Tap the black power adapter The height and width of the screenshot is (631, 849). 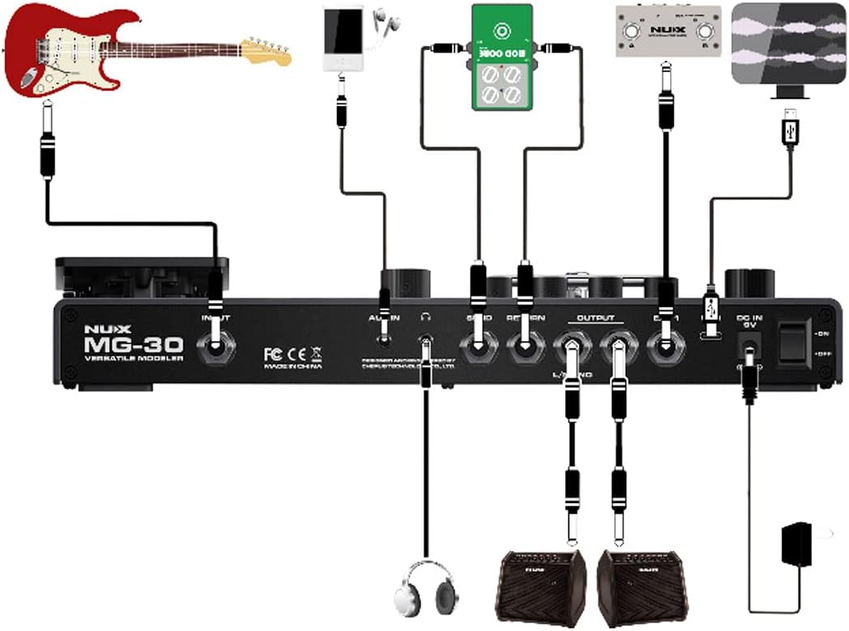(798, 545)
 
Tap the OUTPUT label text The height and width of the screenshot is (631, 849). (595, 318)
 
